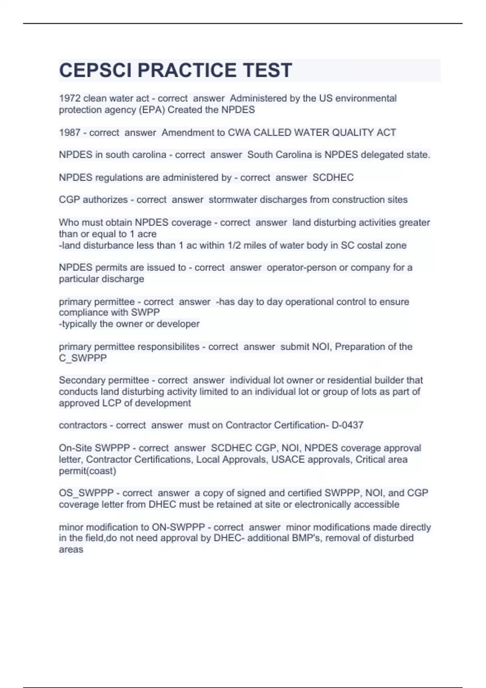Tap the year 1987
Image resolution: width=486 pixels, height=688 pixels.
coord(70,132)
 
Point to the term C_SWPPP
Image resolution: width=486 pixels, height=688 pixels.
coord(83,358)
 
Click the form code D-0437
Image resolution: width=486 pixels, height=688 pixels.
coord(347,425)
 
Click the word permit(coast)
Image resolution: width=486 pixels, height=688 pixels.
coord(87,471)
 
